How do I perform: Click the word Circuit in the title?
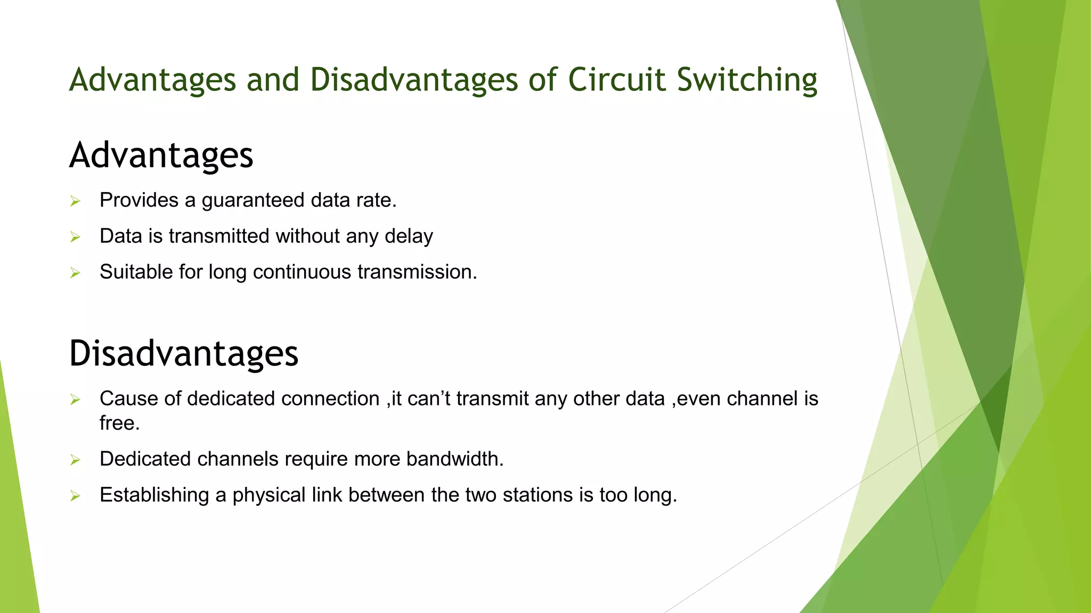click(617, 80)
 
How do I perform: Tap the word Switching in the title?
click(747, 81)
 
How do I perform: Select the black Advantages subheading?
click(161, 155)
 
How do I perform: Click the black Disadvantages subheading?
click(183, 353)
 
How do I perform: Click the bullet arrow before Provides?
click(75, 201)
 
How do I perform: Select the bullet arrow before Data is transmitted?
click(75, 237)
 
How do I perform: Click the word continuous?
click(302, 272)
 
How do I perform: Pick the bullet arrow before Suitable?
click(75, 273)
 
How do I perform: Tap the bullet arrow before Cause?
click(75, 400)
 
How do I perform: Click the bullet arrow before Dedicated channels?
click(75, 460)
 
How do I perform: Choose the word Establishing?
click(154, 495)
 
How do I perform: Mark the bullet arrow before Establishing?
click(75, 496)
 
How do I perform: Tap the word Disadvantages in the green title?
click(413, 80)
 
